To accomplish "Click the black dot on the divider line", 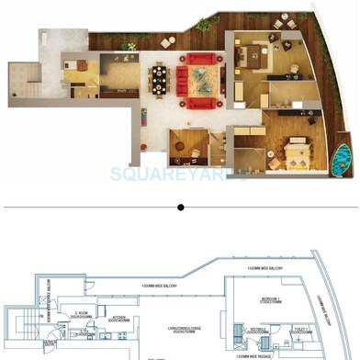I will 181,208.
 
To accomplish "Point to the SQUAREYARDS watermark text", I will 180,174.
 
